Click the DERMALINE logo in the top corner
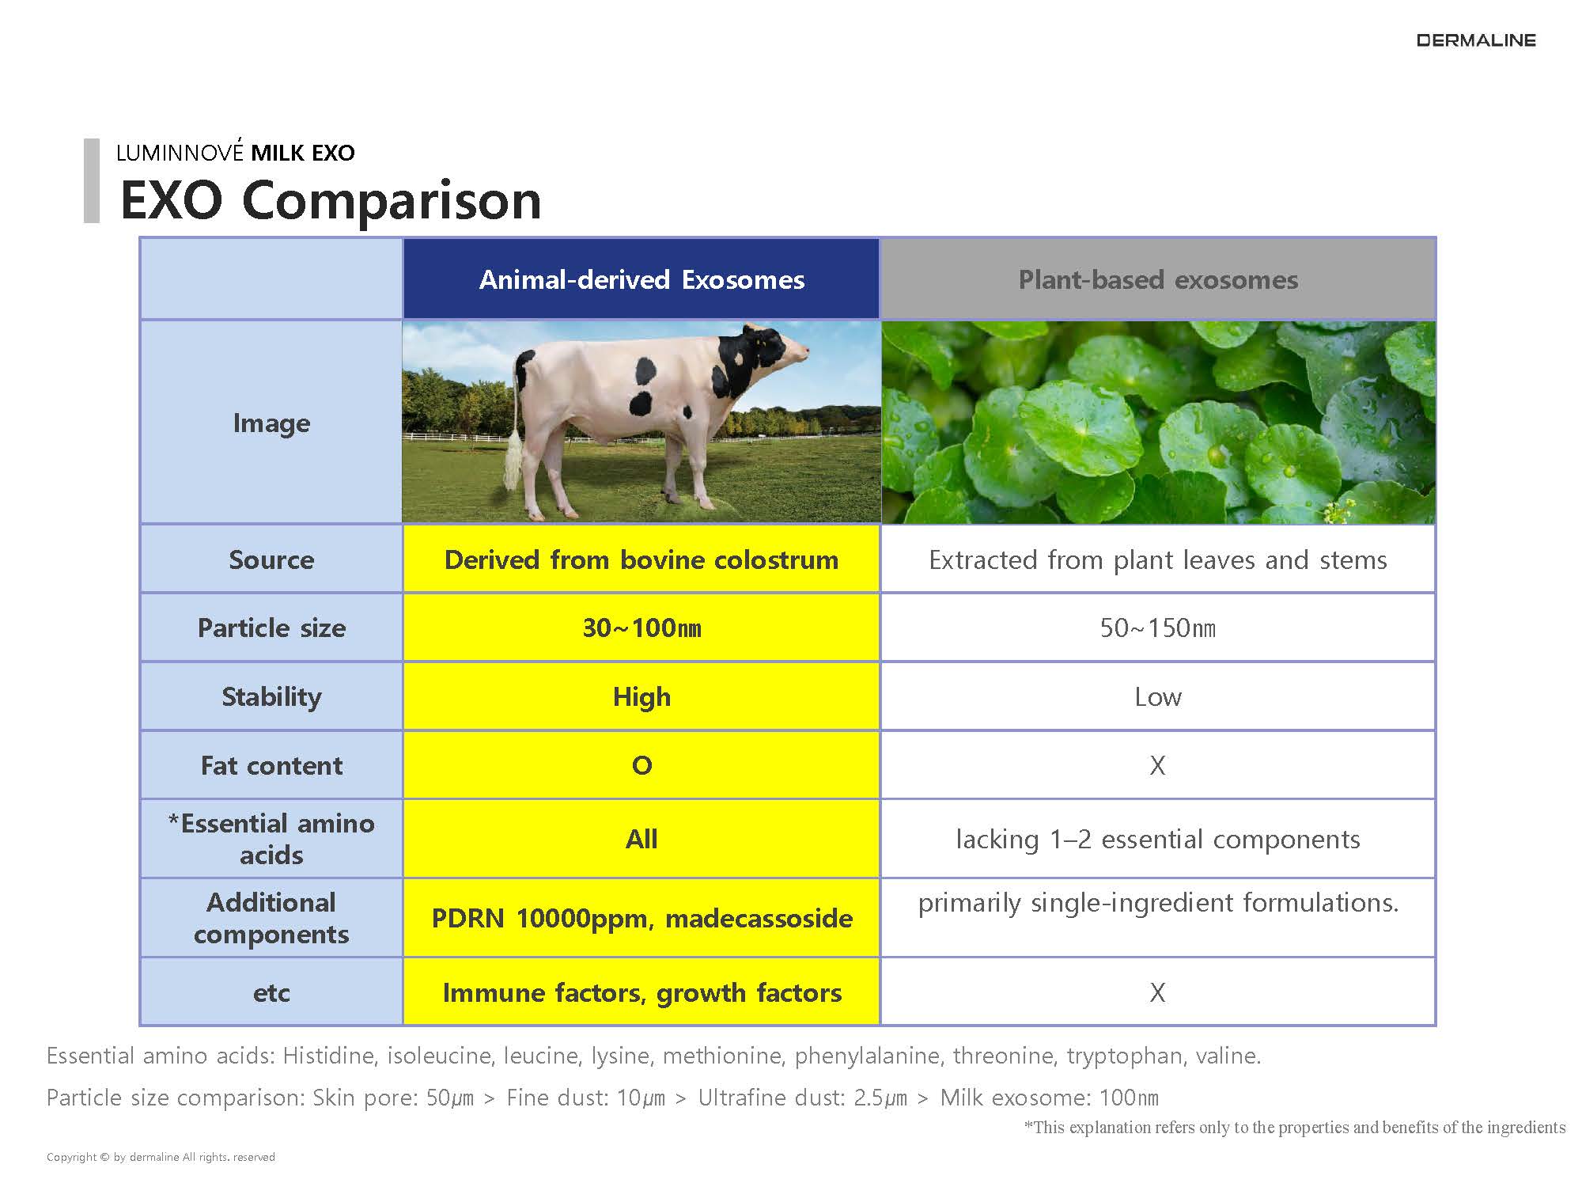[x=1476, y=40]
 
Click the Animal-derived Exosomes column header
[x=642, y=279]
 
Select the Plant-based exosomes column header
[x=1158, y=279]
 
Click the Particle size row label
[x=271, y=628]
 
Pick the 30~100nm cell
[x=642, y=628]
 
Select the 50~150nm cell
[x=1158, y=628]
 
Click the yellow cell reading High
[x=642, y=696]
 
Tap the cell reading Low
[x=1158, y=696]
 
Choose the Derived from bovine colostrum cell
[x=642, y=559]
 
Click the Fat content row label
[x=271, y=765]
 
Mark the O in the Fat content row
[x=642, y=765]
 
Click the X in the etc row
[x=1157, y=992]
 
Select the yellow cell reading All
[x=642, y=839]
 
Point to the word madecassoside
[x=759, y=919]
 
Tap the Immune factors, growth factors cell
[x=642, y=992]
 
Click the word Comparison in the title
[x=392, y=201]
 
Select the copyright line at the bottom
[x=161, y=1157]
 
